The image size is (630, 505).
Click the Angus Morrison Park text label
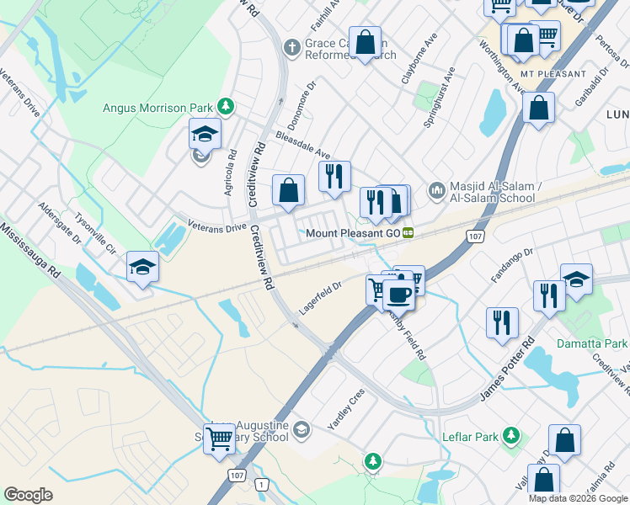point(157,107)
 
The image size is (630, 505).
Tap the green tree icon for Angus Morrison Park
point(226,106)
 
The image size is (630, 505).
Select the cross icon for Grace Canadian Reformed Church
point(292,46)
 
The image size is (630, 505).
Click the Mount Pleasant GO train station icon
point(408,232)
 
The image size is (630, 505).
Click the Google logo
point(28,494)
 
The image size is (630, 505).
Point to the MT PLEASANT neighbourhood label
point(553,74)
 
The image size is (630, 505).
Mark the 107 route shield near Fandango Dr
point(475,237)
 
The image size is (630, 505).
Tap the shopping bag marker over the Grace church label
point(366,41)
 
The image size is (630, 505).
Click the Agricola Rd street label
point(229,173)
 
